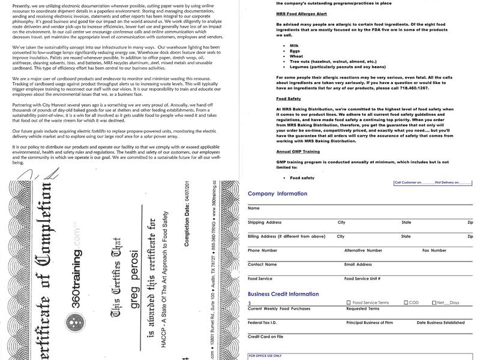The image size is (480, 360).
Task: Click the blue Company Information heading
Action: coord(277,194)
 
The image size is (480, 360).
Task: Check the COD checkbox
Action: coord(406,303)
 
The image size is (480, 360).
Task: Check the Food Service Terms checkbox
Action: coord(349,303)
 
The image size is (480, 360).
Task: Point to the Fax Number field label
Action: coord(434,250)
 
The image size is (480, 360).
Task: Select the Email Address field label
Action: coord(358,264)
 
